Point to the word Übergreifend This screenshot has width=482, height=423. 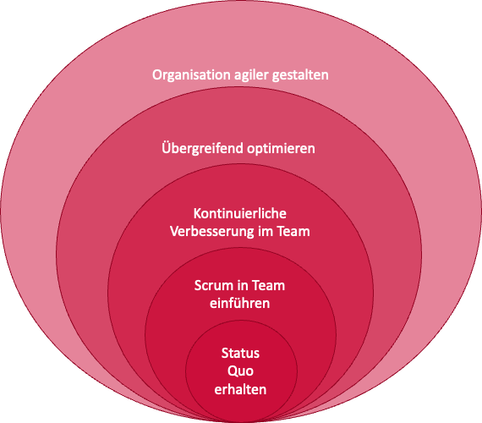tap(203, 148)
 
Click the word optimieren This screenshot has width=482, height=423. tap(282, 149)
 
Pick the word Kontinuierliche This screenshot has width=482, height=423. tap(240, 213)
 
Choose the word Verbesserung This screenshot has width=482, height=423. tap(211, 232)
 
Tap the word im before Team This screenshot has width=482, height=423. tap(266, 231)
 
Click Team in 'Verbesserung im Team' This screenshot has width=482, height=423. tap(293, 231)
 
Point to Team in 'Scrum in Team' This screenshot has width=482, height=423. tap(269, 285)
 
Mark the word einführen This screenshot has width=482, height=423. tap(240, 304)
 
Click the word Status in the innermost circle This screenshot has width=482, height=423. tap(240, 353)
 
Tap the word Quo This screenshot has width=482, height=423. tap(240, 371)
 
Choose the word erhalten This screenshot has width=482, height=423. tap(240, 389)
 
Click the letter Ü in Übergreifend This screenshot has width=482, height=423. tap(167, 148)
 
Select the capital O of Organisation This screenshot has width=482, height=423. tap(157, 75)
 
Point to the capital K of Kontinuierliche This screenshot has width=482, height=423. tap(197, 213)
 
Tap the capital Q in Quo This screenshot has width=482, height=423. tap(232, 371)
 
